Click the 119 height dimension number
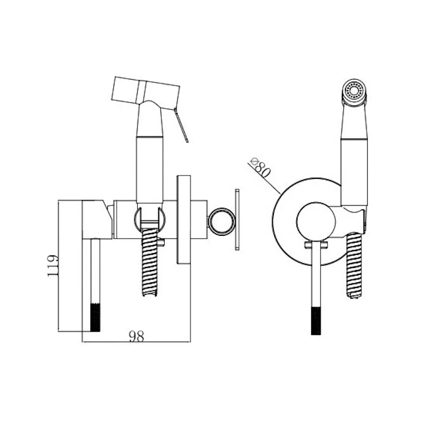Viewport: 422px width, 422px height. (53, 266)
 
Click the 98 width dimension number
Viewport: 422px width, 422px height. (137, 336)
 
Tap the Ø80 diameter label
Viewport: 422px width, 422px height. (260, 168)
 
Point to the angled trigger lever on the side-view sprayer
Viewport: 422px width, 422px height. (181, 125)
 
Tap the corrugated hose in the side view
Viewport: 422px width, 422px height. (150, 262)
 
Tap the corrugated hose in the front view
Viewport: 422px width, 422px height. (354, 266)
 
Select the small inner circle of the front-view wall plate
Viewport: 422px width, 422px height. (316, 222)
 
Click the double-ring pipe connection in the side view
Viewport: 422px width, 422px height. (222, 222)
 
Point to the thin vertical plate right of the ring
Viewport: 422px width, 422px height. (237, 219)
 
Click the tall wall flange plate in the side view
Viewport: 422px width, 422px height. (184, 219)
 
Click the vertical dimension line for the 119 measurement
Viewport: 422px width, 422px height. (59, 266)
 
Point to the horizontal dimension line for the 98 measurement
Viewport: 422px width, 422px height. (136, 342)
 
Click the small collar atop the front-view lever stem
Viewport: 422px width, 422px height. (316, 245)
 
